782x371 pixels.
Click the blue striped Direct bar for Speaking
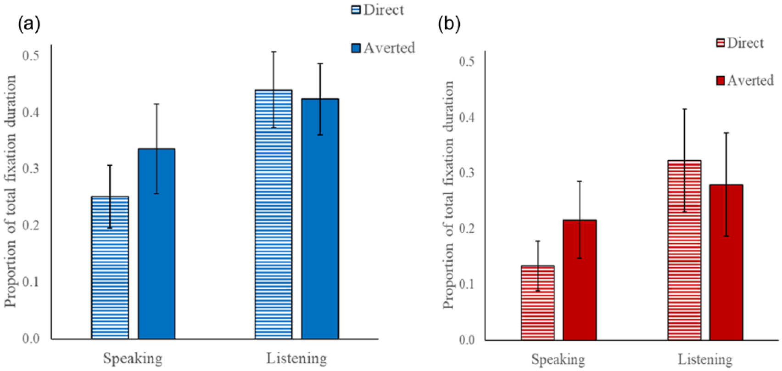tap(110, 268)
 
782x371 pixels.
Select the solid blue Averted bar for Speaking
tap(156, 244)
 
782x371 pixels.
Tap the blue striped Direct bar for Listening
tap(274, 214)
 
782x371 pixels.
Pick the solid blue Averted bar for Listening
tap(320, 219)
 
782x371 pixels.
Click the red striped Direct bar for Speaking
tap(538, 303)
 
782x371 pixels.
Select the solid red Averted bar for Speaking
tap(580, 280)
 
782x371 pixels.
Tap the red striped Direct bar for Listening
tap(684, 251)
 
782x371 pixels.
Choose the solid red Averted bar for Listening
tap(726, 262)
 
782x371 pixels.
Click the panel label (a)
tap(29, 24)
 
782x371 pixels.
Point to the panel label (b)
tap(449, 24)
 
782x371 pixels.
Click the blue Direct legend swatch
tap(356, 10)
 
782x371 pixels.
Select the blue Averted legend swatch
tap(356, 48)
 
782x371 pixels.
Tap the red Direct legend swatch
tap(720, 43)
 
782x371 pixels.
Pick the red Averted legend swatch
tap(720, 81)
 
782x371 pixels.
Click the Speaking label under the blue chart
tap(133, 359)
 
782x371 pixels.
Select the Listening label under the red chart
tap(705, 360)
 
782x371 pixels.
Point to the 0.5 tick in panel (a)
tap(31, 56)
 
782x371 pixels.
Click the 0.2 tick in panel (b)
tap(467, 229)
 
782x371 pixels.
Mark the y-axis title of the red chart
tap(448, 195)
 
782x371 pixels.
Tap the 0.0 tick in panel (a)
tap(31, 338)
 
